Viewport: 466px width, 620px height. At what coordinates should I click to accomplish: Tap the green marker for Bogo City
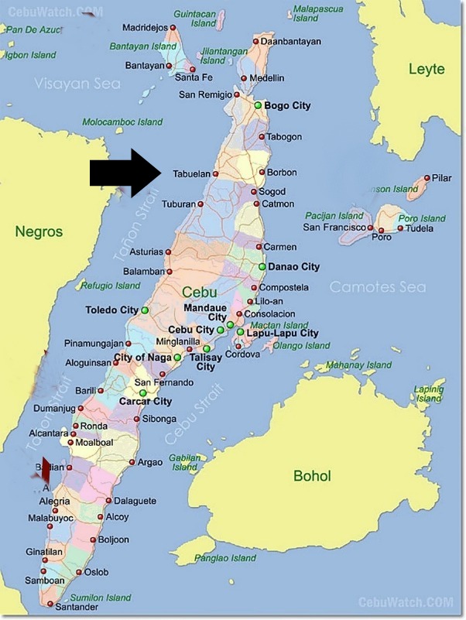tap(258, 105)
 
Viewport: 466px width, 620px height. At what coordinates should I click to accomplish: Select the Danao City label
tap(293, 267)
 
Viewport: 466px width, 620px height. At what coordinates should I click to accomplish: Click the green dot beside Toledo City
tap(145, 310)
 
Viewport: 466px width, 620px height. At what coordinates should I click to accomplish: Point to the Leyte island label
tap(427, 70)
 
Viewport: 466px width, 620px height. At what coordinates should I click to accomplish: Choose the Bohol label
tap(311, 476)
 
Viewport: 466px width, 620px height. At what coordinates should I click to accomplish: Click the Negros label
tap(39, 231)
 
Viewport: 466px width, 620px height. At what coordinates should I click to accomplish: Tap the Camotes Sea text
tap(377, 287)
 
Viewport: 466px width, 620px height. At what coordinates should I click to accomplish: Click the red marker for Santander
tap(50, 604)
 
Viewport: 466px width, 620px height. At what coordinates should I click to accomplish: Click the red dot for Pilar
tap(424, 178)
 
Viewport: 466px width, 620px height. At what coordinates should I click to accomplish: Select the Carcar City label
tap(146, 402)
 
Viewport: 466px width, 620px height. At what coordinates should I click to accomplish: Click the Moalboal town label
tap(94, 442)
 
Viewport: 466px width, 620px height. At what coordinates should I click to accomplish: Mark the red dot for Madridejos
tap(173, 28)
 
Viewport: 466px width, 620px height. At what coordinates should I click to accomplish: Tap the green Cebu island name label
tap(200, 292)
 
